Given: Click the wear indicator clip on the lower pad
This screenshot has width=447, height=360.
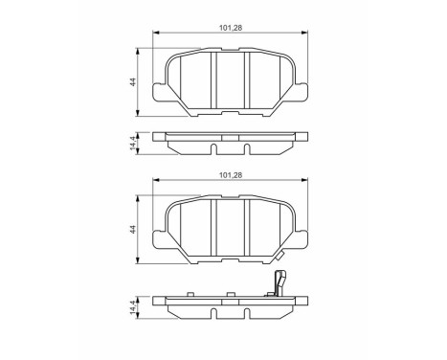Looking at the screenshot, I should [279, 285].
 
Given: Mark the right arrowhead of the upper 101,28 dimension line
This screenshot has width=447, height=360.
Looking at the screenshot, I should [305, 36].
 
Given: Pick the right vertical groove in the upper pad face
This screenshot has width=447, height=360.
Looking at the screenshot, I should [248, 81].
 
